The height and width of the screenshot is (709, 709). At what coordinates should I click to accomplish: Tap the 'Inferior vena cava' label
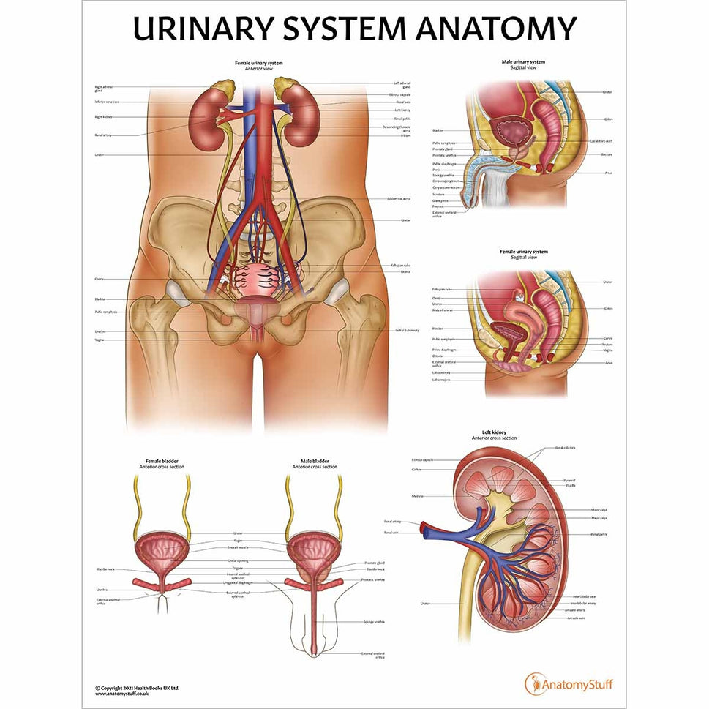coord(108,102)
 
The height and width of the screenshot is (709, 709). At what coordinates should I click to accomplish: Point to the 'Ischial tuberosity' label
coord(407,330)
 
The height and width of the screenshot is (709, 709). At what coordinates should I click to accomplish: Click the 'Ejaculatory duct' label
coord(601,140)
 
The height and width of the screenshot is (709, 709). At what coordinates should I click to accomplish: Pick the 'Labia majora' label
coord(441,380)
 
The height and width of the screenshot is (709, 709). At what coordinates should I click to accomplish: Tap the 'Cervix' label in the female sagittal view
coord(607,338)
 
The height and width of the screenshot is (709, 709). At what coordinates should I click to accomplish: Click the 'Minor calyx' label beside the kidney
coord(599,509)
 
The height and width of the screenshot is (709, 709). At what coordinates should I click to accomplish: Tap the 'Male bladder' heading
coord(315,461)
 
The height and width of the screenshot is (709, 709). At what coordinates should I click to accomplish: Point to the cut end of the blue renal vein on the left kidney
coord(423,531)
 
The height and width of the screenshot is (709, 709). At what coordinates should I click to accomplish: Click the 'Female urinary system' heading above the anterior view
coord(258,63)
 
